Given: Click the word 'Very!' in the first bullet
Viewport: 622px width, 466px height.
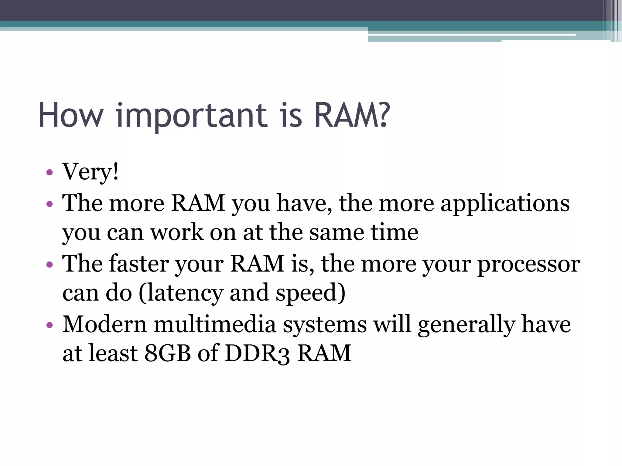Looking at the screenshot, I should (x=90, y=172).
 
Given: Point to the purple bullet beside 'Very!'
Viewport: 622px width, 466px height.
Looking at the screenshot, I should (x=50, y=173).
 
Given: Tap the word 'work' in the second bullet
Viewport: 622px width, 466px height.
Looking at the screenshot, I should (x=177, y=233).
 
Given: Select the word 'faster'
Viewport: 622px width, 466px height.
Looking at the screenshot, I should (x=139, y=263).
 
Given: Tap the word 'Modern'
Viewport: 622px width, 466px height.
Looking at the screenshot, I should (x=104, y=324).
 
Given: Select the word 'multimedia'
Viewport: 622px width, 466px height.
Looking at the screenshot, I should (x=215, y=324).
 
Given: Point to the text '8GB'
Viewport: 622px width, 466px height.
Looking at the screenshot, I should (x=167, y=353).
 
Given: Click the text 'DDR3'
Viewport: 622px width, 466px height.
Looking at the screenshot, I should (x=257, y=353).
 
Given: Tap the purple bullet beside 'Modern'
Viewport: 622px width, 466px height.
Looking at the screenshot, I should (x=50, y=326).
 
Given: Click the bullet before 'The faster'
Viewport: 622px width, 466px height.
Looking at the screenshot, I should (x=50, y=265).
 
